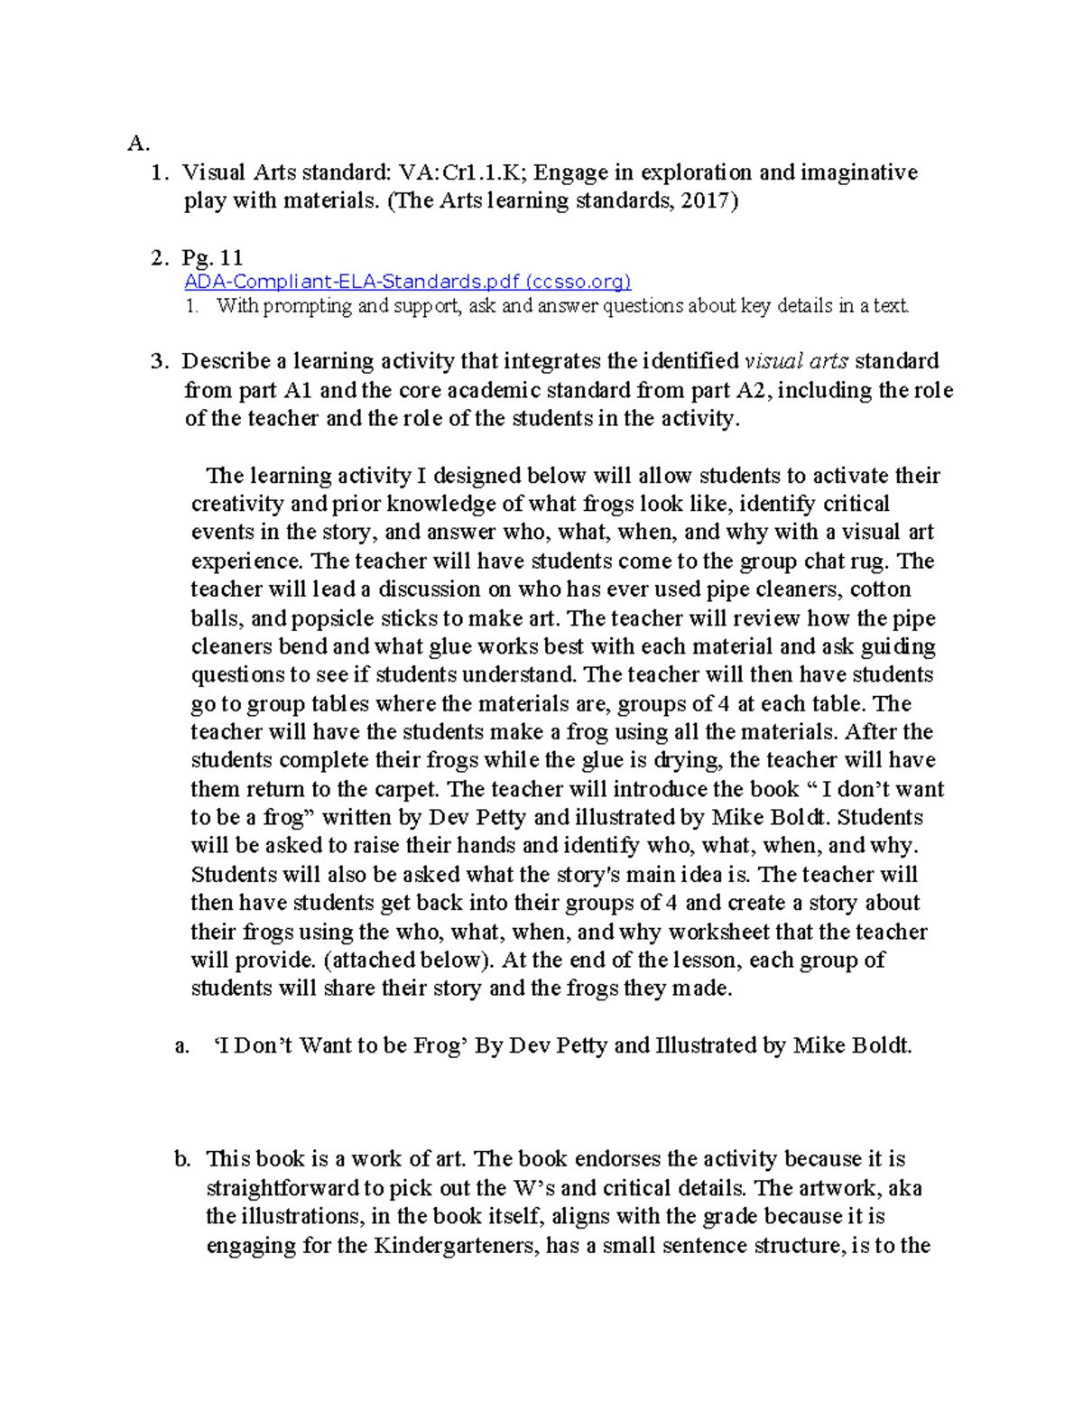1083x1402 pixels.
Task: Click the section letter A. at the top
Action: tap(137, 144)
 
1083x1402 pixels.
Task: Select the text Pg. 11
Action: tap(212, 258)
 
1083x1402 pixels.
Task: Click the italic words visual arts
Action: tap(795, 361)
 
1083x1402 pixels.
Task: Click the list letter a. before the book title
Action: tap(182, 1046)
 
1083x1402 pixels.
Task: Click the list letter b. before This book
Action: tap(183, 1159)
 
